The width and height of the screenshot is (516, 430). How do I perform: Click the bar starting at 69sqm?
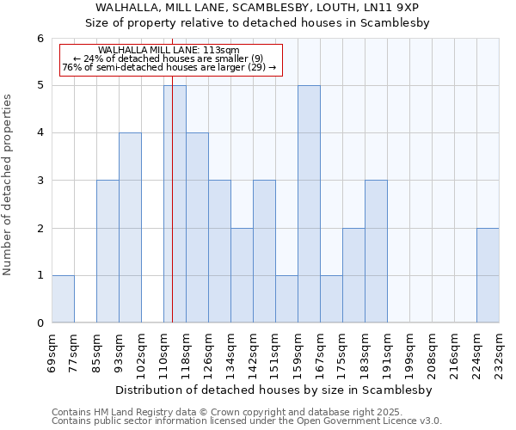click(x=63, y=298)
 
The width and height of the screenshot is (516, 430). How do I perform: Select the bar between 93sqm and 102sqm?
click(x=130, y=228)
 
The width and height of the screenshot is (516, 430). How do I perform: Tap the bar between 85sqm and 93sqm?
click(x=107, y=251)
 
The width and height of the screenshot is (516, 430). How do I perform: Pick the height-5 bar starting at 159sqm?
click(x=309, y=204)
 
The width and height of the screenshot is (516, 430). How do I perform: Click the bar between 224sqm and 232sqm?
click(x=488, y=275)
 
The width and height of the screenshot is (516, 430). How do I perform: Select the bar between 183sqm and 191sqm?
click(x=376, y=251)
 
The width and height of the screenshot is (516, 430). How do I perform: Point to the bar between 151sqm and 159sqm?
click(x=286, y=298)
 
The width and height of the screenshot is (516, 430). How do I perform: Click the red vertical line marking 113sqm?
click(x=173, y=215)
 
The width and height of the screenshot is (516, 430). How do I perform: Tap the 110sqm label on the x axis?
click(x=164, y=350)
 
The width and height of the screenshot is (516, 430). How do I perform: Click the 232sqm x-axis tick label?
click(x=500, y=350)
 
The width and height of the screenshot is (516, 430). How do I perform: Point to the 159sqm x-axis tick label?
click(x=298, y=350)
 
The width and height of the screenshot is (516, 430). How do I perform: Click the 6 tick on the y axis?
click(x=40, y=39)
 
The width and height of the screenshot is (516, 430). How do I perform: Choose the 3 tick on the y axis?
click(x=40, y=181)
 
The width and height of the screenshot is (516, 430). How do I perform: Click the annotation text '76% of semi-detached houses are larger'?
click(x=169, y=67)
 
